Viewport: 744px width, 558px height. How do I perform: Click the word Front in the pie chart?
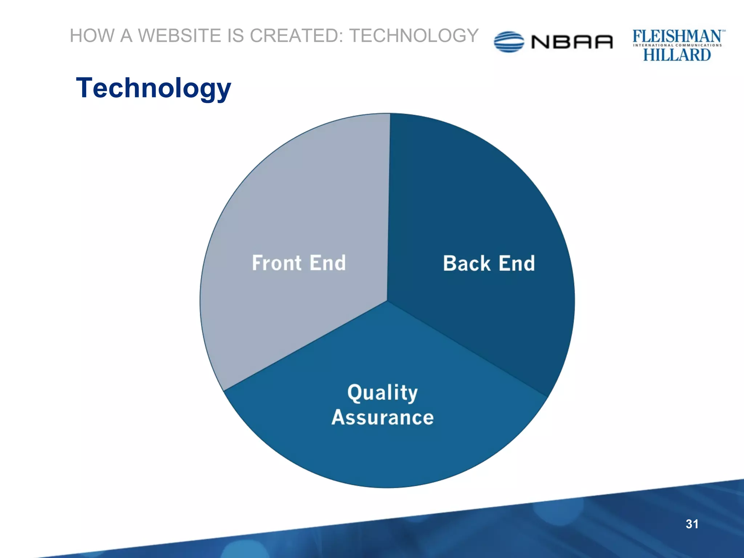(x=276, y=263)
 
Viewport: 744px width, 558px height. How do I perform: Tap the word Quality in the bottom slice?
(x=383, y=393)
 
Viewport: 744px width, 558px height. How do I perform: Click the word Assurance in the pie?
(x=383, y=417)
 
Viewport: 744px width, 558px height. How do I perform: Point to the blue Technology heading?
(x=153, y=88)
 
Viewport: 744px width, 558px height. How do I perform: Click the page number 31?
(x=692, y=524)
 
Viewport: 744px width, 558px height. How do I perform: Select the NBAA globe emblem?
(x=509, y=42)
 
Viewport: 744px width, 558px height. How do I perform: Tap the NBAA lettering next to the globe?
(x=572, y=42)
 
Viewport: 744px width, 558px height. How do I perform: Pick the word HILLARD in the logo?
(x=677, y=55)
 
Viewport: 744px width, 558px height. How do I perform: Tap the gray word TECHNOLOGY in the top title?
(x=414, y=36)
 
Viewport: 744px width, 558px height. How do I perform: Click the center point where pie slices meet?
(x=387, y=301)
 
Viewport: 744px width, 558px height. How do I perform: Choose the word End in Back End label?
(x=517, y=263)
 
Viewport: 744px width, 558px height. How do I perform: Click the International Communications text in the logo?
(x=677, y=45)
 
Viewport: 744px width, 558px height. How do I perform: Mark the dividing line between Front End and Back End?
(x=389, y=207)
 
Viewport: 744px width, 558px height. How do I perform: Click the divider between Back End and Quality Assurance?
(x=469, y=349)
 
